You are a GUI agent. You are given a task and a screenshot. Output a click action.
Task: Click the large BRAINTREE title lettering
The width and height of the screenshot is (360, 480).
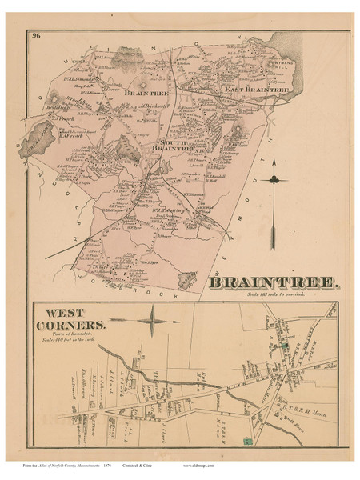click(x=276, y=282)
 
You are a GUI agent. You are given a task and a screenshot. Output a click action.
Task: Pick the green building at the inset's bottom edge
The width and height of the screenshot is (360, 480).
click(x=247, y=441)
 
